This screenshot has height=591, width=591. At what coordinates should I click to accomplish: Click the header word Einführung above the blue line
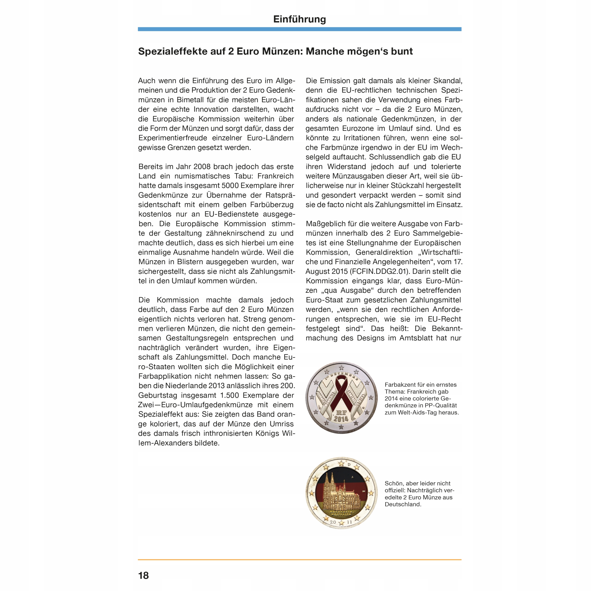coord(299,19)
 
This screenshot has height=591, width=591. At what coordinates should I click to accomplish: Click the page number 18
coord(143,575)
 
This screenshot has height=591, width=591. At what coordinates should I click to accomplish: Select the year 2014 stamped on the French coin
coord(341,419)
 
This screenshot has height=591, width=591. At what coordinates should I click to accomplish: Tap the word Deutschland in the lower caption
coord(403,504)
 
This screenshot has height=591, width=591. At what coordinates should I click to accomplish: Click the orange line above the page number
coord(299,560)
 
